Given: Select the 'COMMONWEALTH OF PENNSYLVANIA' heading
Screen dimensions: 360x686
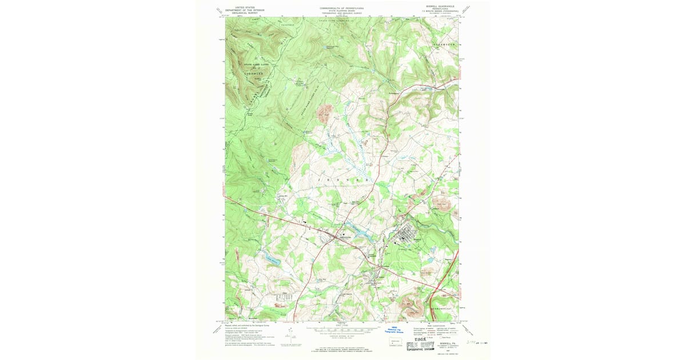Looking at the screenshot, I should coord(342,8).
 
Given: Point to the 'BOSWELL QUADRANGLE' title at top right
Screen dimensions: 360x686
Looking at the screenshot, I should coord(442,7).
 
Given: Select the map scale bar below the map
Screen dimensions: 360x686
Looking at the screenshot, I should coord(342,330).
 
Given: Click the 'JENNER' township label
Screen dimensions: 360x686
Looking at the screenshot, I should coord(342,180).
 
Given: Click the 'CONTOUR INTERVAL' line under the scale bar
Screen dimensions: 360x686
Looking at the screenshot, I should coord(342,337).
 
